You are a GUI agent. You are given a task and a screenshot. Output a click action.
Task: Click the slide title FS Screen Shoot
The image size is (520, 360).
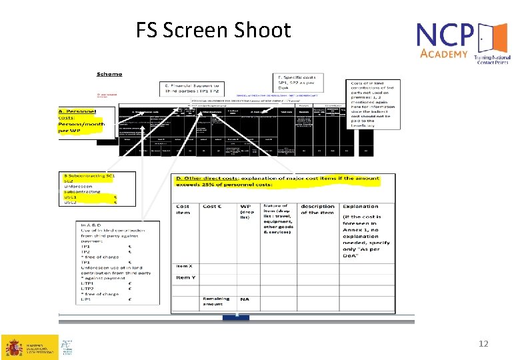pos(213,30)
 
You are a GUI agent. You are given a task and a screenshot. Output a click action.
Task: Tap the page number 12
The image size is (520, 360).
pos(484,343)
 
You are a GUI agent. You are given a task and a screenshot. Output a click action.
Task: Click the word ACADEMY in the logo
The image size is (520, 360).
pos(444,54)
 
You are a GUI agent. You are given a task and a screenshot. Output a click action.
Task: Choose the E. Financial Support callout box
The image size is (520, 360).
pos(191,89)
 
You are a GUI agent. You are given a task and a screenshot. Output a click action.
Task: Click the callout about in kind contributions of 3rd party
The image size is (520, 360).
pos(373,104)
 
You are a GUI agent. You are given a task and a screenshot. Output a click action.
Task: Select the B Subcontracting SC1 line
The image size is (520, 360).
pos(89,175)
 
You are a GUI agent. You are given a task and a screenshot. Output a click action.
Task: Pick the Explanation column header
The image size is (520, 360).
pos(360,206)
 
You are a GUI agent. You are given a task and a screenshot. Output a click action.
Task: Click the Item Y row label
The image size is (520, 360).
pos(186,277)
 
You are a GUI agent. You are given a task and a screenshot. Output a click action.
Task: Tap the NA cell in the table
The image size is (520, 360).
pos(245,299)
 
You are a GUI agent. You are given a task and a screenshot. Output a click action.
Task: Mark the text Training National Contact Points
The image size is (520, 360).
pos(491,59)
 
